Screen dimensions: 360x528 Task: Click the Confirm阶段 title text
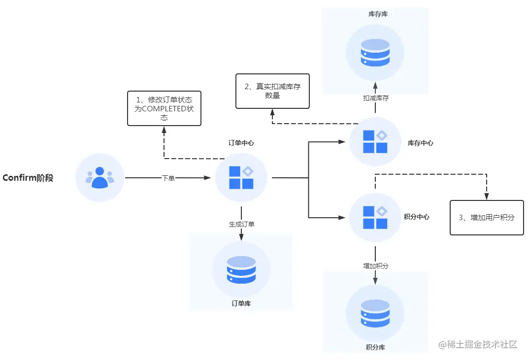pyautogui.click(x=28, y=178)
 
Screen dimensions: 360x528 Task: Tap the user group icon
pyautogui.click(x=99, y=177)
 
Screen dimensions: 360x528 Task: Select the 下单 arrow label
pyautogui.click(x=168, y=178)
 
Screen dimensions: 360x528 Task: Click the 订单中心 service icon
pyautogui.click(x=241, y=177)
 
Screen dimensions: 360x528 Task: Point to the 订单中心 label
pyautogui.click(x=241, y=143)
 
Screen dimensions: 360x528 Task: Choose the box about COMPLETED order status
pyautogui.click(x=164, y=108)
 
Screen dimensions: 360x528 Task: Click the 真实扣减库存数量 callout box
pyautogui.click(x=272, y=91)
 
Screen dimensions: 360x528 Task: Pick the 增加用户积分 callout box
pyautogui.click(x=487, y=217)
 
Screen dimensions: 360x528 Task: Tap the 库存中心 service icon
pyautogui.click(x=375, y=142)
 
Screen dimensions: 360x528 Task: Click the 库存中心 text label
pyautogui.click(x=421, y=143)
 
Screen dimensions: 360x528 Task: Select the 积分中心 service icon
pyautogui.click(x=375, y=217)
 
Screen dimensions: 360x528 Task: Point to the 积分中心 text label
pyautogui.click(x=417, y=217)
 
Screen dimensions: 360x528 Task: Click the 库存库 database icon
pyautogui.click(x=375, y=52)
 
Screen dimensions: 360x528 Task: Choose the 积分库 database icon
pyautogui.click(x=375, y=313)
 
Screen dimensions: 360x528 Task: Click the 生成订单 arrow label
pyautogui.click(x=241, y=224)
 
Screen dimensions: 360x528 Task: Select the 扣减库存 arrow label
pyautogui.click(x=375, y=98)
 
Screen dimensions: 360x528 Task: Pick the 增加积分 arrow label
pyautogui.click(x=375, y=266)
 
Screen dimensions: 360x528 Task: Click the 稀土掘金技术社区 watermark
pyautogui.click(x=477, y=344)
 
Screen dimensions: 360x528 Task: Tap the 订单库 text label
pyautogui.click(x=241, y=303)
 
